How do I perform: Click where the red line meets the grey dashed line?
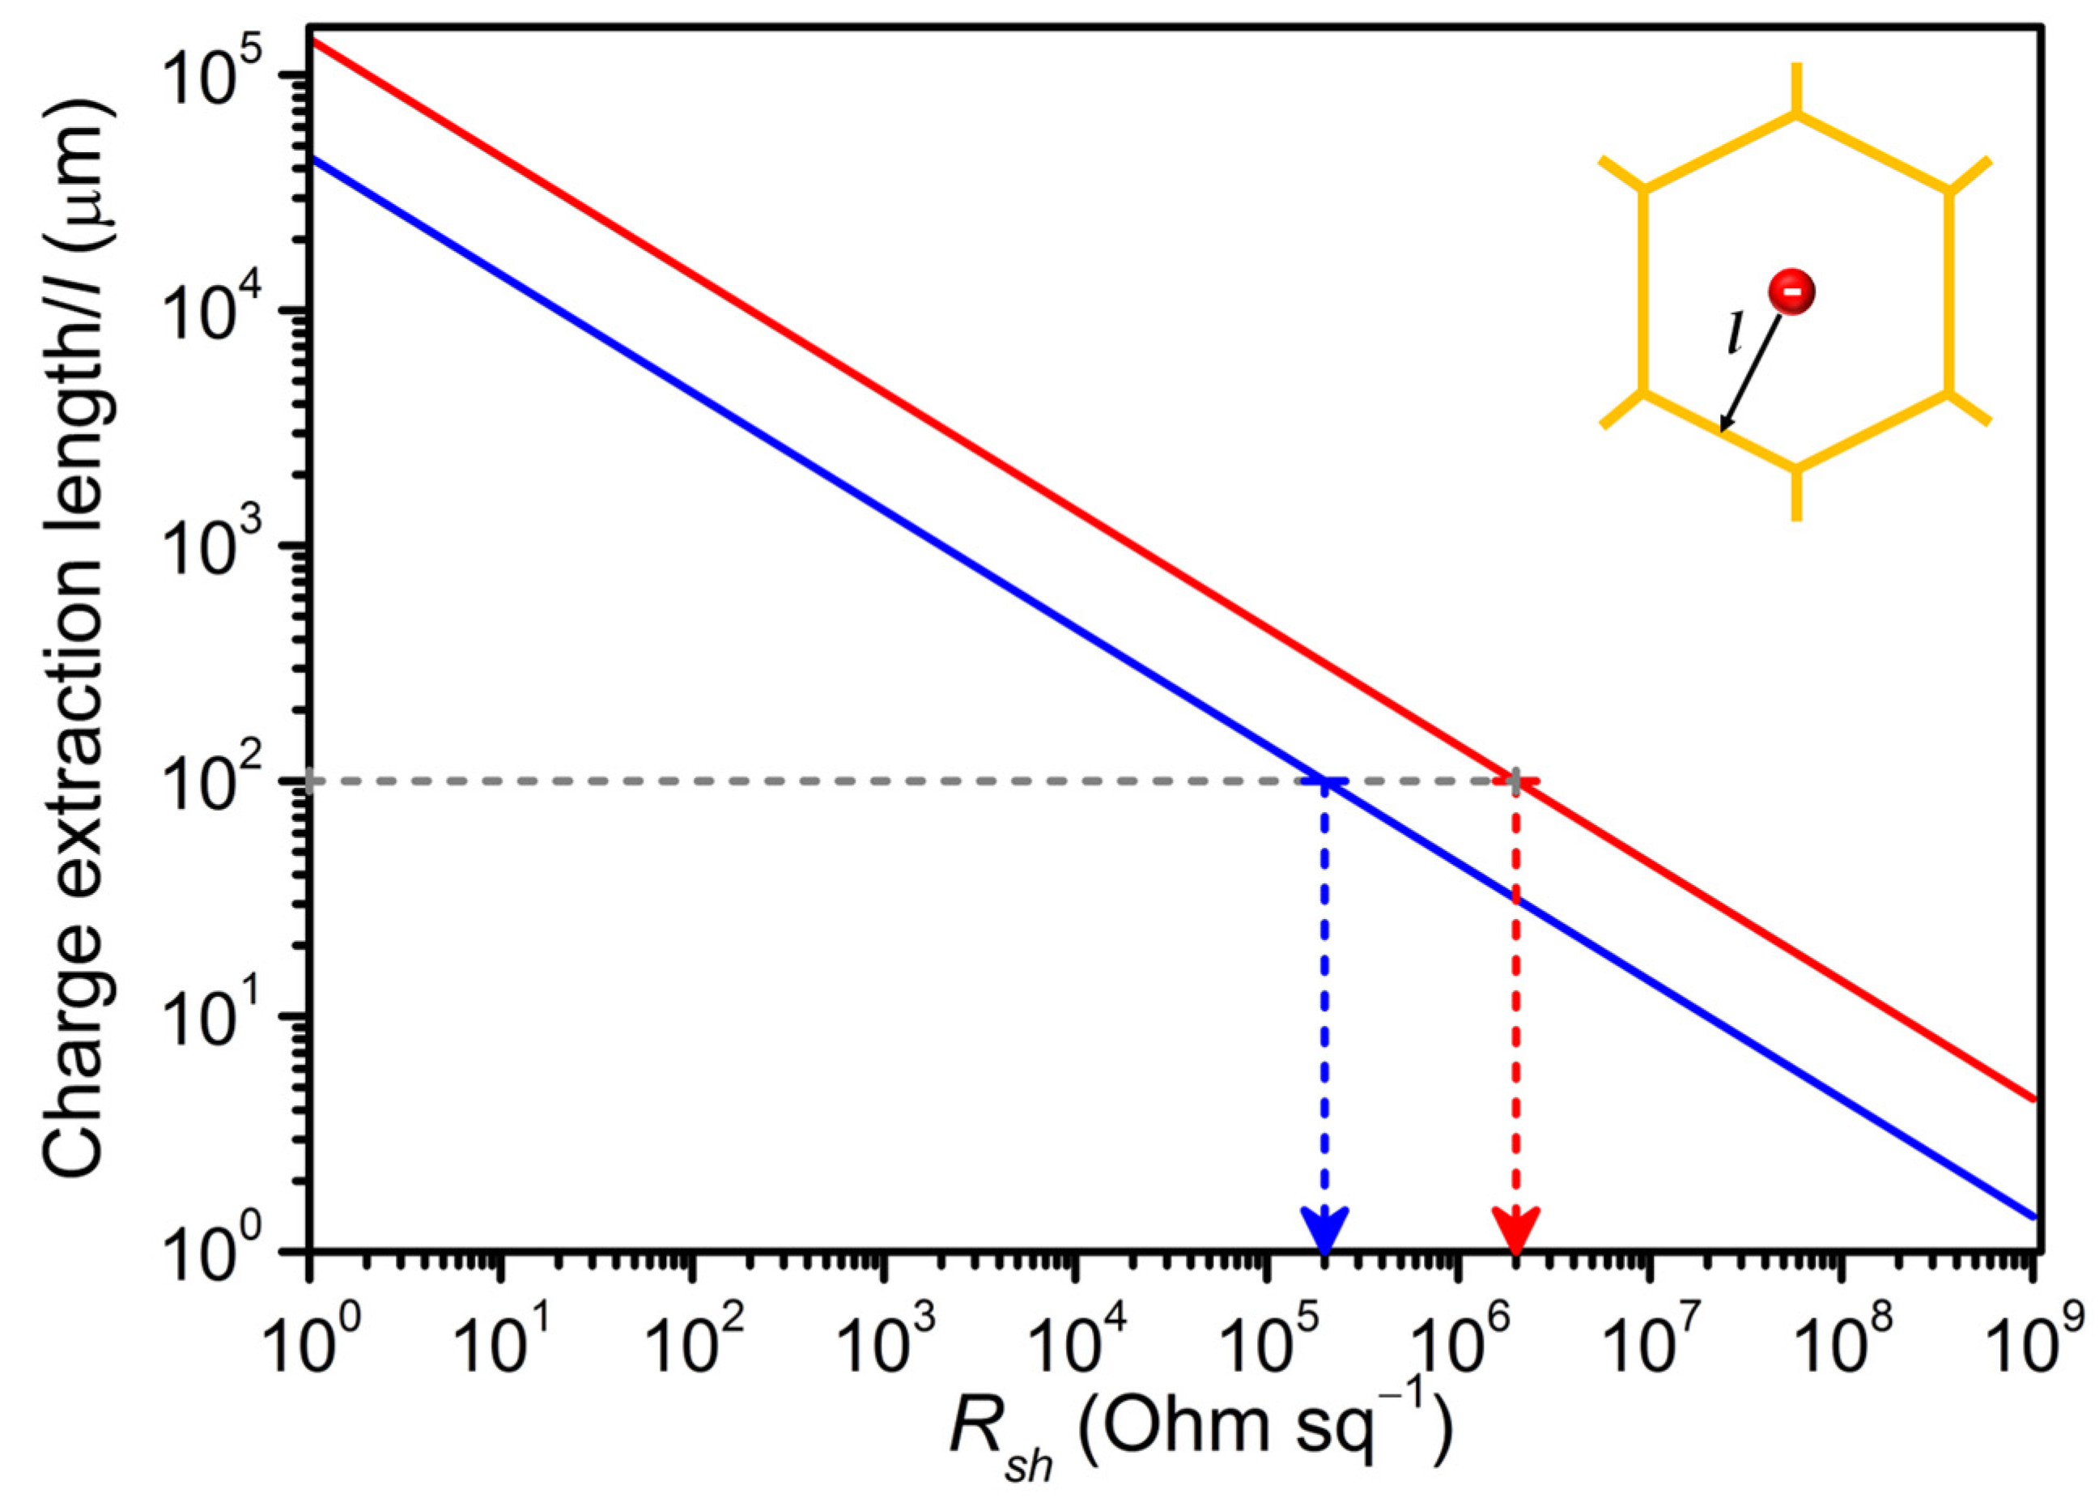tap(1516, 781)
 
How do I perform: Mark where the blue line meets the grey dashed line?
tap(1325, 781)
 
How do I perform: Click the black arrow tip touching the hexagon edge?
tap(1722, 430)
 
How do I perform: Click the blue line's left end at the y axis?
tap(311, 158)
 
